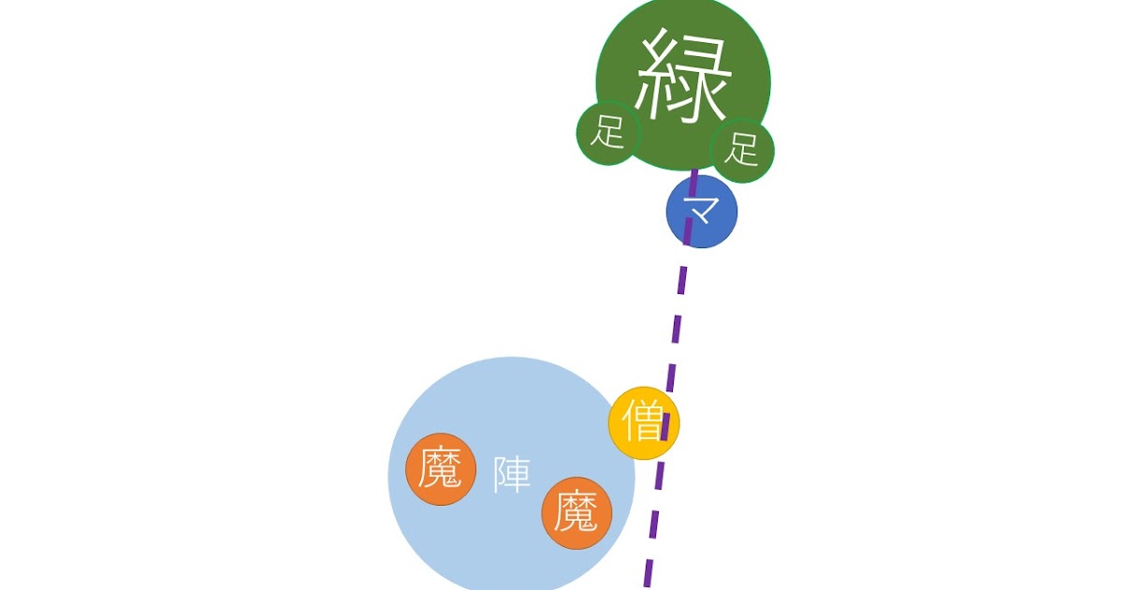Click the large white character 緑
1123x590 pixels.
tap(682, 77)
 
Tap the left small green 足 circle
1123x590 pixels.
tap(606, 132)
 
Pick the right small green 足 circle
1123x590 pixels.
tap(742, 150)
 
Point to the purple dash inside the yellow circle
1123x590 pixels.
tap(666, 422)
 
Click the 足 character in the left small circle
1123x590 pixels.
tap(606, 132)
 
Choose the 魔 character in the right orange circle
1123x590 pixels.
tap(576, 512)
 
